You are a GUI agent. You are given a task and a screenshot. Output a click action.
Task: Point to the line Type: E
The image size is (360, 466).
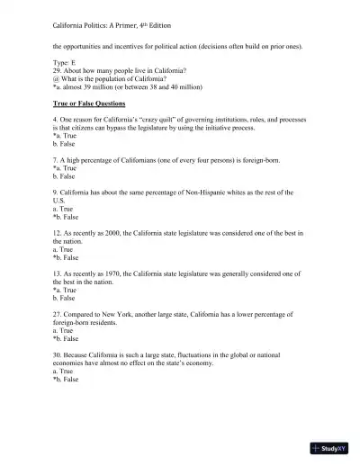pos(66,65)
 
